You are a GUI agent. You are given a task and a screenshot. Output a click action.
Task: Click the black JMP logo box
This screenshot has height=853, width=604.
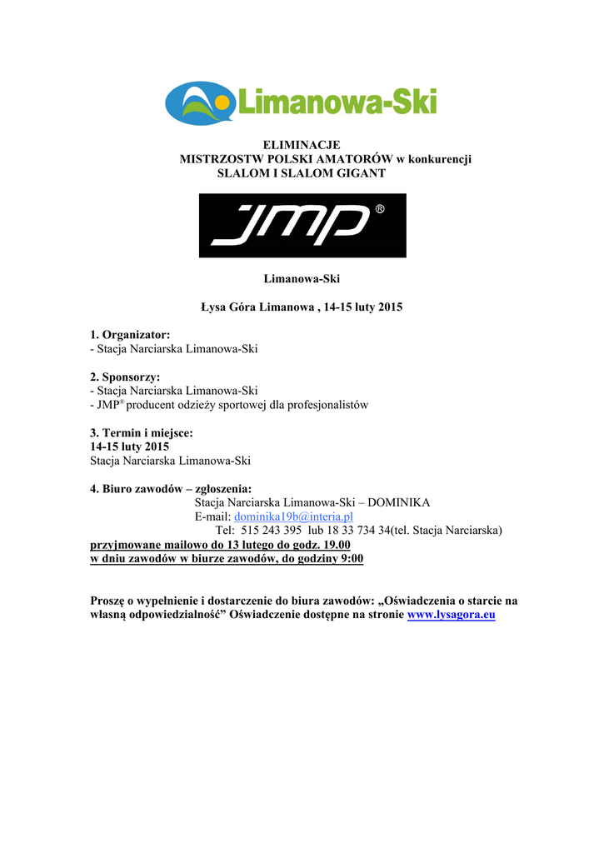point(302,225)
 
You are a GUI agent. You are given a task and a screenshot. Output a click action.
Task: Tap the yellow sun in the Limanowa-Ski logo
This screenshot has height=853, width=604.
point(222,103)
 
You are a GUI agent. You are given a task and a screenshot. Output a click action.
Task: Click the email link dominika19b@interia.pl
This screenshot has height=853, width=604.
point(293,516)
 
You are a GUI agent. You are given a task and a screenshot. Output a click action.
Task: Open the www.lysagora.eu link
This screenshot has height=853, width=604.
point(451,615)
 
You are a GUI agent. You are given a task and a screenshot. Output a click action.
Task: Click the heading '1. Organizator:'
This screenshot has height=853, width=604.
point(130,335)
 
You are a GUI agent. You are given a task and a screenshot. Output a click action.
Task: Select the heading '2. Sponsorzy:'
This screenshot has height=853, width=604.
point(125,377)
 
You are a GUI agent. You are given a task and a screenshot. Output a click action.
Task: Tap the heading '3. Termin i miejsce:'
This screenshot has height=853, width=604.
point(142,433)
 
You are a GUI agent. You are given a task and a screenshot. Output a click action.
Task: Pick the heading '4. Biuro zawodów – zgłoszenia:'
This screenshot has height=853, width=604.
point(171,489)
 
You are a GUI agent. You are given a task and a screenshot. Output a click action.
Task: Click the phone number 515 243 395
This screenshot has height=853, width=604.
point(272,531)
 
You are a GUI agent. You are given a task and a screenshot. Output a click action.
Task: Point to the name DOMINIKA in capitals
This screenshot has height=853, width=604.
point(399,503)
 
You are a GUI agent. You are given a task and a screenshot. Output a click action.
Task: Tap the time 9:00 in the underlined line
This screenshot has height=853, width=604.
point(349,559)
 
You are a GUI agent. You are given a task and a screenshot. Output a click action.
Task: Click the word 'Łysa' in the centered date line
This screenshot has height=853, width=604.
point(214,307)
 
